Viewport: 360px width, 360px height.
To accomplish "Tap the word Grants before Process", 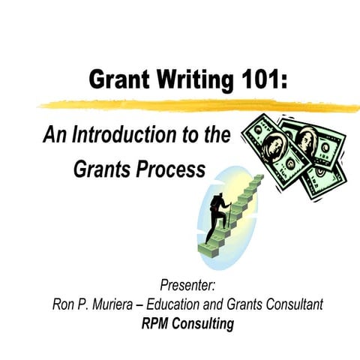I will point(100,169).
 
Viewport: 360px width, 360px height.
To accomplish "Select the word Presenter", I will point(187,286).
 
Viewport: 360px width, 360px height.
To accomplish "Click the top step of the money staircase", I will point(258,178).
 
